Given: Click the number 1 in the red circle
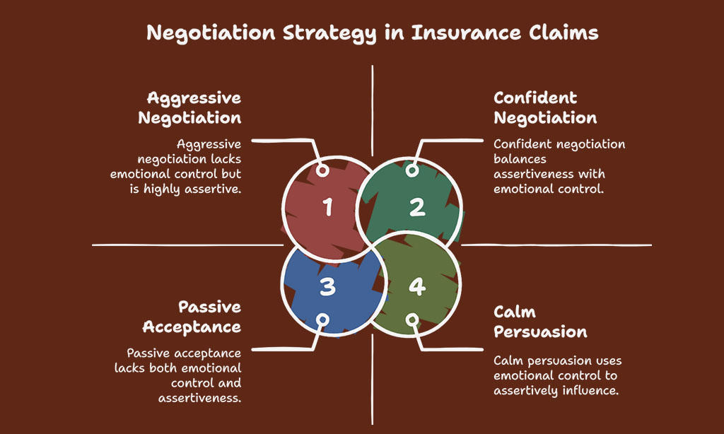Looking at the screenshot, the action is (x=327, y=207).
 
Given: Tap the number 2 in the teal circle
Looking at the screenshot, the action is (x=417, y=207).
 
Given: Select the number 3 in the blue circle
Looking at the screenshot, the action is (x=327, y=287).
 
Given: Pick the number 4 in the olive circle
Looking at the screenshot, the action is (x=417, y=287).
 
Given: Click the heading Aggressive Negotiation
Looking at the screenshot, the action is (x=189, y=108).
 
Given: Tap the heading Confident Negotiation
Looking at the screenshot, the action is (x=545, y=108).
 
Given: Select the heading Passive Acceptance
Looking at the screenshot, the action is (x=192, y=317).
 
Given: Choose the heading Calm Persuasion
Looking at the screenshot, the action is (x=540, y=322).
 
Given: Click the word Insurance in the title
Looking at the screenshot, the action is (x=466, y=33).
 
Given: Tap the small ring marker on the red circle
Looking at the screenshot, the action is (x=322, y=171).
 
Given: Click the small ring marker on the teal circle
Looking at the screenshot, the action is (x=412, y=171).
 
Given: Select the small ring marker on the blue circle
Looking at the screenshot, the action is (x=322, y=320).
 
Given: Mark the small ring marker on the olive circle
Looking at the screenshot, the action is (x=412, y=320).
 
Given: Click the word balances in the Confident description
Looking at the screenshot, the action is (x=520, y=159).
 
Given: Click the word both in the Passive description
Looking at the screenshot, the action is (x=163, y=368).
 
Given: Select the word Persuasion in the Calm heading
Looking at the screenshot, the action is (x=540, y=332).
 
